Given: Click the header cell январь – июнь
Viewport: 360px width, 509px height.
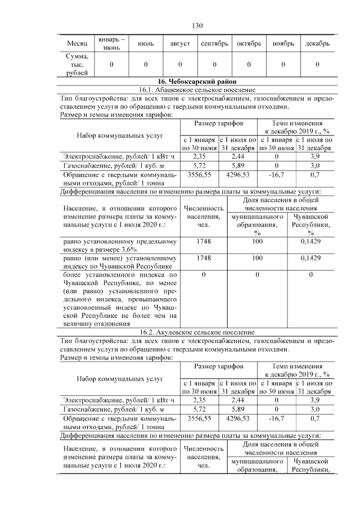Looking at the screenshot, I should (111, 44).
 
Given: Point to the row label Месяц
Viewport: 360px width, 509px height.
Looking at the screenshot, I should (76, 44).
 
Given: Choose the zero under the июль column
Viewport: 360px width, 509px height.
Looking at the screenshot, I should (146, 65).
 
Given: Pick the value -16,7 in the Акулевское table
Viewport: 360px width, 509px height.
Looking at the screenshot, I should (276, 418).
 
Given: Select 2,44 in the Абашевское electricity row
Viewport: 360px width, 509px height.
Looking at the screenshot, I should (237, 156).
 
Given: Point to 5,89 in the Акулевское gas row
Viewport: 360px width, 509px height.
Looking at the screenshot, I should (237, 409).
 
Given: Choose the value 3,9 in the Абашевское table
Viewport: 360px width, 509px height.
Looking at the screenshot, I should (315, 156).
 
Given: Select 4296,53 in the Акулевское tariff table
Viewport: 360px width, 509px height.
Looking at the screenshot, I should (237, 418).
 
